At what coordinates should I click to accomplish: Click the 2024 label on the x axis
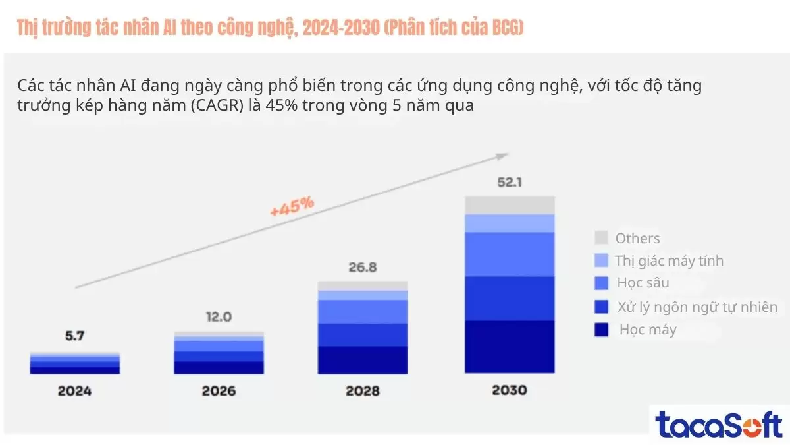[74, 390]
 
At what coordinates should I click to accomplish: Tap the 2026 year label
[219, 390]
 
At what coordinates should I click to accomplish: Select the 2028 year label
[362, 390]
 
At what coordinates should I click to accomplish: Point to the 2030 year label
[509, 390]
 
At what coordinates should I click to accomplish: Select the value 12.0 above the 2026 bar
[218, 316]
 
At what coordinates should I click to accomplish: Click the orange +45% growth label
[292, 206]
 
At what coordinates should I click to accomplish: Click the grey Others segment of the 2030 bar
[510, 205]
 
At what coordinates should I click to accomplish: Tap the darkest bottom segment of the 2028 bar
[362, 360]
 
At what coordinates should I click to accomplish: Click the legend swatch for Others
[600, 238]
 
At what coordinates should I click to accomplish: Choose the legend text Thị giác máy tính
[669, 261]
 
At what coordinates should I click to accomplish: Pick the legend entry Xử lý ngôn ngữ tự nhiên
[697, 307]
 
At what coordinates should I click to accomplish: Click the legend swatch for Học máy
[600, 330]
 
